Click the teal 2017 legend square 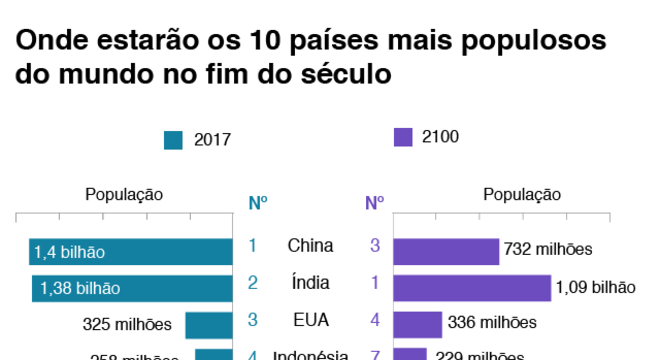pos(173,140)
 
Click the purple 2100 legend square pos(403,137)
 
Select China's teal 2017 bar pos(131,252)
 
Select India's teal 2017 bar pos(132,288)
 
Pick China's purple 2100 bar pos(446,251)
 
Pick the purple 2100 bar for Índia pos(472,288)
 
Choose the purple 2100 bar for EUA pos(418,323)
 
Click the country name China pos(310,246)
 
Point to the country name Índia pos(310,283)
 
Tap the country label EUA pos(310,320)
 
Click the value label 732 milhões pos(549,250)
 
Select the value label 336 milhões pos(493,323)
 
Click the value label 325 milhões pos(128,324)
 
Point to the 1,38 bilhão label pos(80,289)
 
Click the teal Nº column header pos(257,203)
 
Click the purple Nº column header pos(375,203)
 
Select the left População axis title pos(124,195)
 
